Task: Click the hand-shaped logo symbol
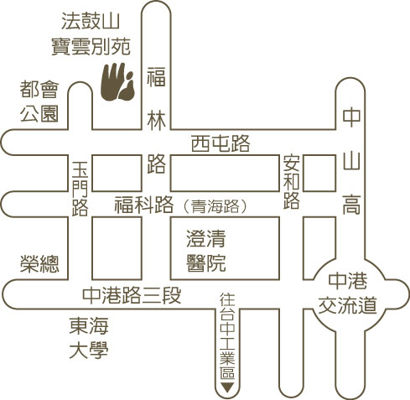pos(117,82)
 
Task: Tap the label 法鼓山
pos(91,21)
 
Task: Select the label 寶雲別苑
pos(91,46)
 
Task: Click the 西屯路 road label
pos(221,143)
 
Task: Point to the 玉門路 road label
pos(80,189)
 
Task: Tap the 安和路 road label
pos(292,182)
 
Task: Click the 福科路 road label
pos(143,205)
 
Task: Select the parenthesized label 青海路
pos(215,206)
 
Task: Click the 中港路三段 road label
pos(132,295)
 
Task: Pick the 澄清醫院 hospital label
pos(206,251)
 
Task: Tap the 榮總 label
pos(39,263)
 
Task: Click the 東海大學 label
pos(89,338)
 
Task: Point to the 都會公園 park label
pos(39,101)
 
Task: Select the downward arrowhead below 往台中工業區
pos(227,387)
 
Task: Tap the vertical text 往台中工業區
pos(227,336)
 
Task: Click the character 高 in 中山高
pos(351,205)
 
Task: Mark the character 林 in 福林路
pos(156,122)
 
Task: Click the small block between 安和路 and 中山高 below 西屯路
pos(319,174)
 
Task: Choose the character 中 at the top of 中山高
pos(351,117)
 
